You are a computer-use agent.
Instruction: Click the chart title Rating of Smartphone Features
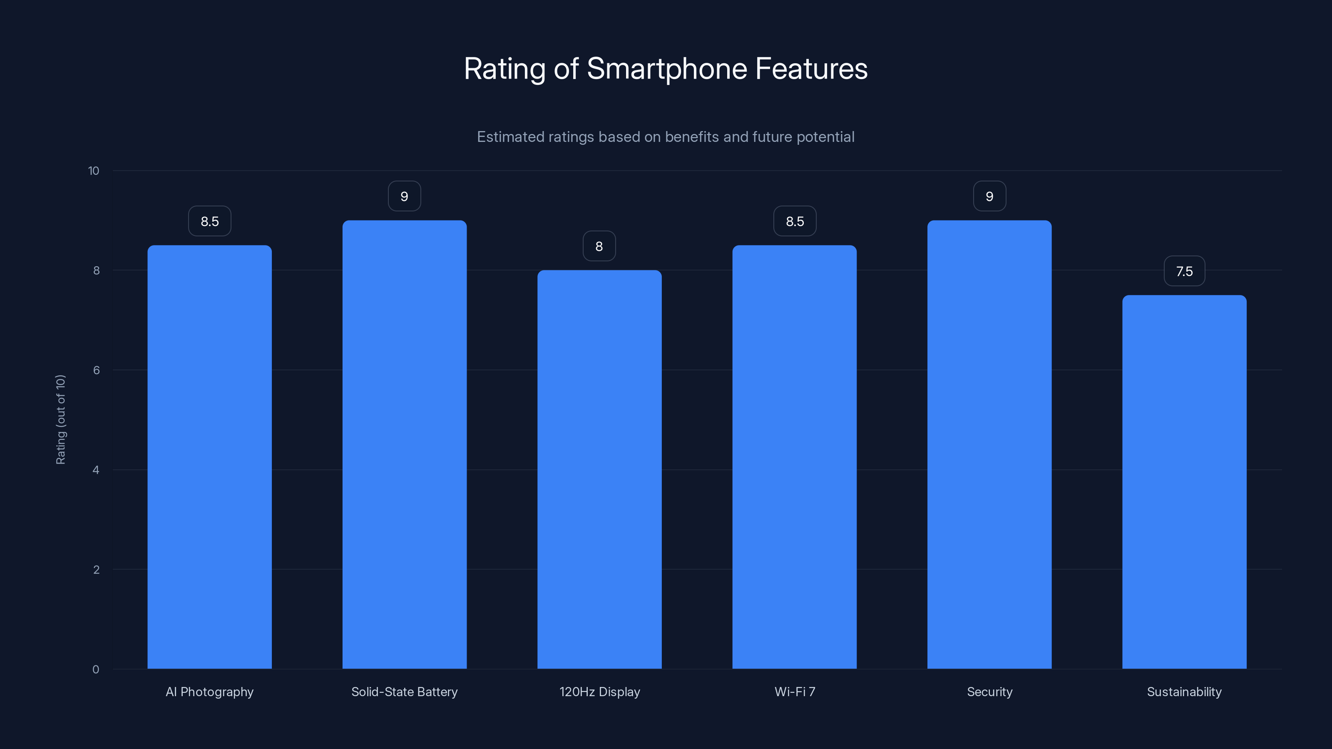click(666, 69)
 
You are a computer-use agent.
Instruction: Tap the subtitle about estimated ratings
click(666, 137)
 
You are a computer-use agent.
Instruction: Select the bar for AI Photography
click(209, 457)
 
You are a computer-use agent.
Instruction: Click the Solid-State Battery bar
click(404, 444)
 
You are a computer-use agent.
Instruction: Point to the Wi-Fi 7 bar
click(794, 457)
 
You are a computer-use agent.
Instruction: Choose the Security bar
click(989, 444)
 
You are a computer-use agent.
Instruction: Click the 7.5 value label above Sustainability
click(1184, 271)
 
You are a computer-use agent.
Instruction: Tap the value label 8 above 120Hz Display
click(599, 247)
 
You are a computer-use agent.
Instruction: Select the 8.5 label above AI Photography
click(209, 221)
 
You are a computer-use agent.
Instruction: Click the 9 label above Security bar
click(989, 196)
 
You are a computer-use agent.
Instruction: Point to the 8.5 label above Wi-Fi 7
click(795, 221)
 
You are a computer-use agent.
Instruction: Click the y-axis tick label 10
click(94, 171)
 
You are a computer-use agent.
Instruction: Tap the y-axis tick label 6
click(96, 370)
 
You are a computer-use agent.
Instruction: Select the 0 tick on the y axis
click(96, 670)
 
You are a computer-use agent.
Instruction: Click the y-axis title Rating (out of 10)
click(60, 420)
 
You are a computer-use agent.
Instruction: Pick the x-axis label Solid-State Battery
click(404, 692)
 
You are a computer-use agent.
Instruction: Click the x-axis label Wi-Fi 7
click(795, 692)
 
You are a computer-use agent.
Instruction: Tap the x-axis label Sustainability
click(1184, 692)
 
